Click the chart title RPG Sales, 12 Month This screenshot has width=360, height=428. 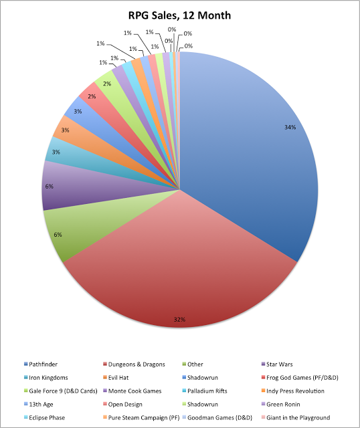pyautogui.click(x=179, y=14)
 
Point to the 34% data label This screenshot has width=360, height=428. pyautogui.click(x=290, y=127)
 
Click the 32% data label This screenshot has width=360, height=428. pyautogui.click(x=179, y=320)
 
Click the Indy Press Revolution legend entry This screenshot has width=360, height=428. pyautogui.click(x=292, y=391)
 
